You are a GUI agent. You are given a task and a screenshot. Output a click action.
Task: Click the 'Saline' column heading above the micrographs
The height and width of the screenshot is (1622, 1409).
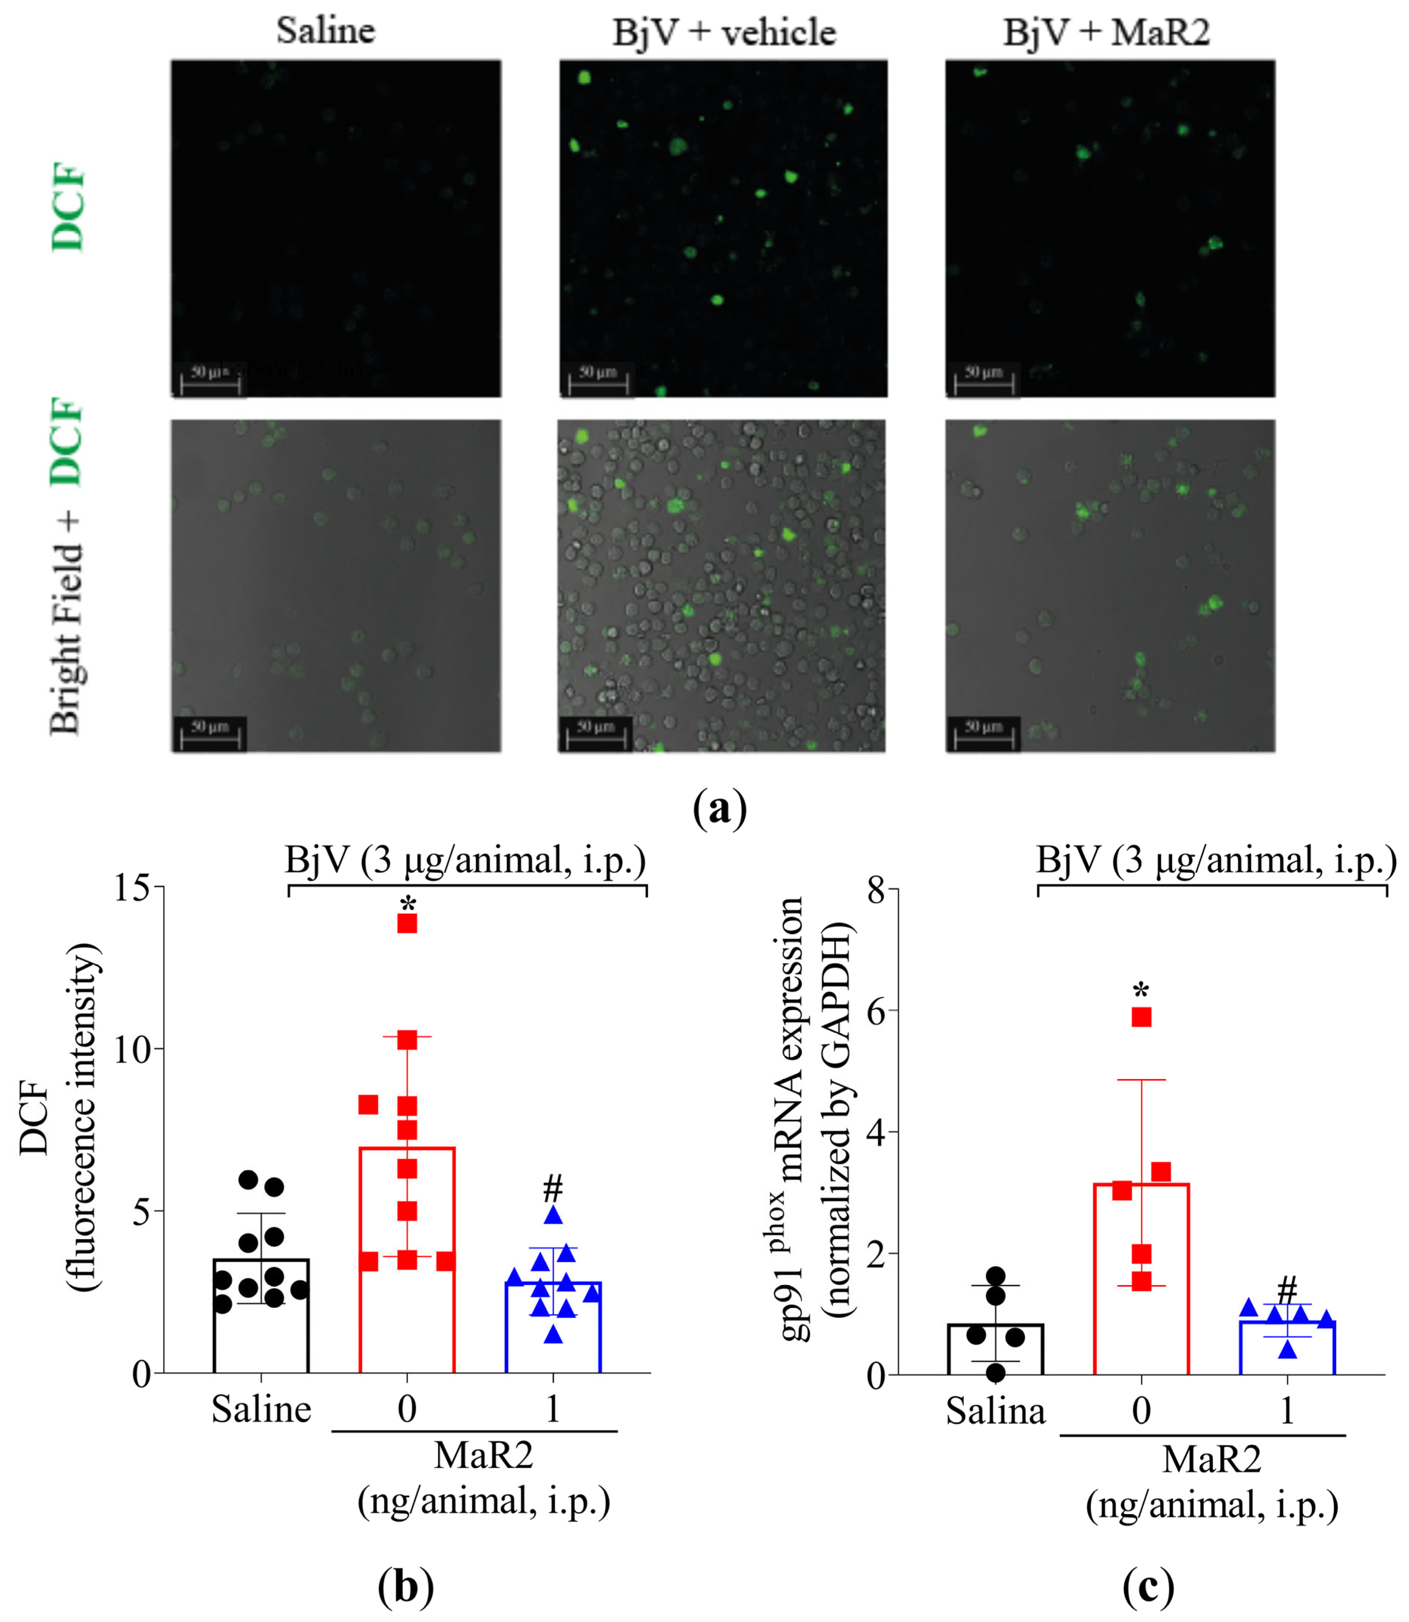(326, 31)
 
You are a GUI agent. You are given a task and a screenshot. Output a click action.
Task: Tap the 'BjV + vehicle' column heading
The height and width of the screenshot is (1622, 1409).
(724, 33)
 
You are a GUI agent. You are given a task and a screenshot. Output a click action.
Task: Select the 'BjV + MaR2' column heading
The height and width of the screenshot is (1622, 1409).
(1106, 33)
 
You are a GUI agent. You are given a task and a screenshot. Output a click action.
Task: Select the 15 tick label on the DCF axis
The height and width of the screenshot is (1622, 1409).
(132, 888)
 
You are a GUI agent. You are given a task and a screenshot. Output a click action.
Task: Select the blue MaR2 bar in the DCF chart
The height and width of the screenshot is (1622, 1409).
(553, 1336)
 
